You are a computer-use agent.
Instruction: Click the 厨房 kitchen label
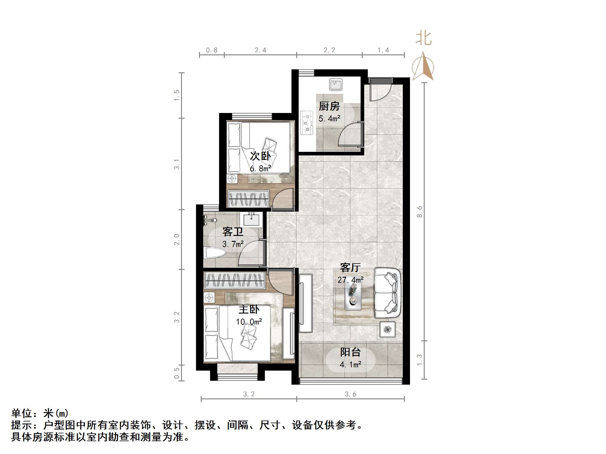click(329, 106)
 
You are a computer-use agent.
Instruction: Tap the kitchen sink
click(336, 84)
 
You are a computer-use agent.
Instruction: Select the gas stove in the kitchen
click(306, 123)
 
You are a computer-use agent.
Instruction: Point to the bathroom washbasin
click(251, 219)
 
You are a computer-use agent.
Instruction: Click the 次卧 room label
click(260, 156)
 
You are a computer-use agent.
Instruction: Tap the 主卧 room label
click(249, 309)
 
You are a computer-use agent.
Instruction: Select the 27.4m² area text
click(350, 280)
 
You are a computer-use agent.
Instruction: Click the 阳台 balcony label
click(350, 352)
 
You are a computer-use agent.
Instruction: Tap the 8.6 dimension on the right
click(420, 211)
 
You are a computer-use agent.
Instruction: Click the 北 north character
click(423, 39)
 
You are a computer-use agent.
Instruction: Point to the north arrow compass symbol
click(423, 67)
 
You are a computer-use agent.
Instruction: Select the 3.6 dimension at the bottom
click(350, 394)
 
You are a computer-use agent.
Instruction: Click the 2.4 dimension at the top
click(260, 50)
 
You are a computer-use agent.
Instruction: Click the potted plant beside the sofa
click(388, 329)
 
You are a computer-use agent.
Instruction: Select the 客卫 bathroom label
click(233, 232)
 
